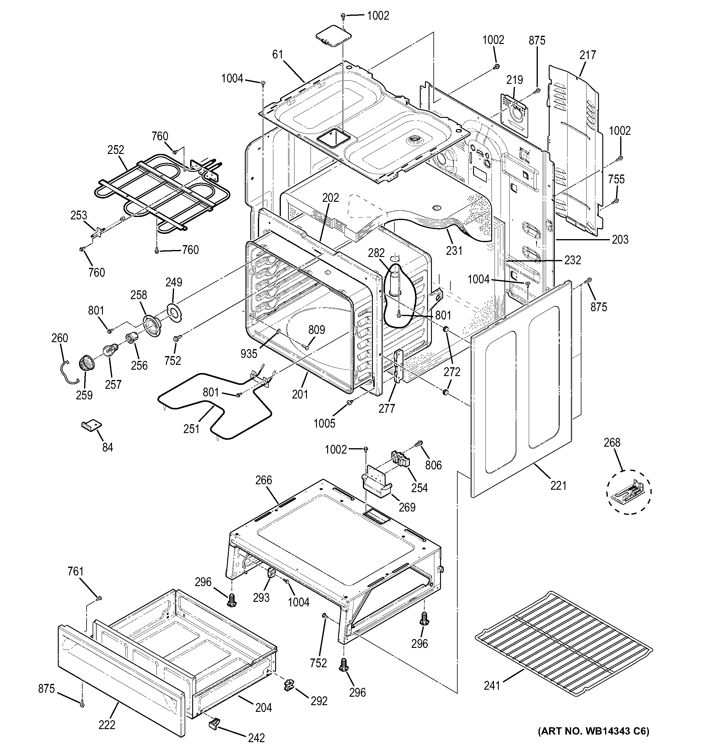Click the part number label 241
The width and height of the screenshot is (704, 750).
492,685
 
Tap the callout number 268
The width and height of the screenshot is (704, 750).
612,442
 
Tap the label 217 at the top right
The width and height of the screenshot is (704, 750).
587,55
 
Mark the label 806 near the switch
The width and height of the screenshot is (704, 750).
433,465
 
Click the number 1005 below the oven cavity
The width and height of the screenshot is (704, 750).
324,423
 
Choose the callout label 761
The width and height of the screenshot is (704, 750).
75,572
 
